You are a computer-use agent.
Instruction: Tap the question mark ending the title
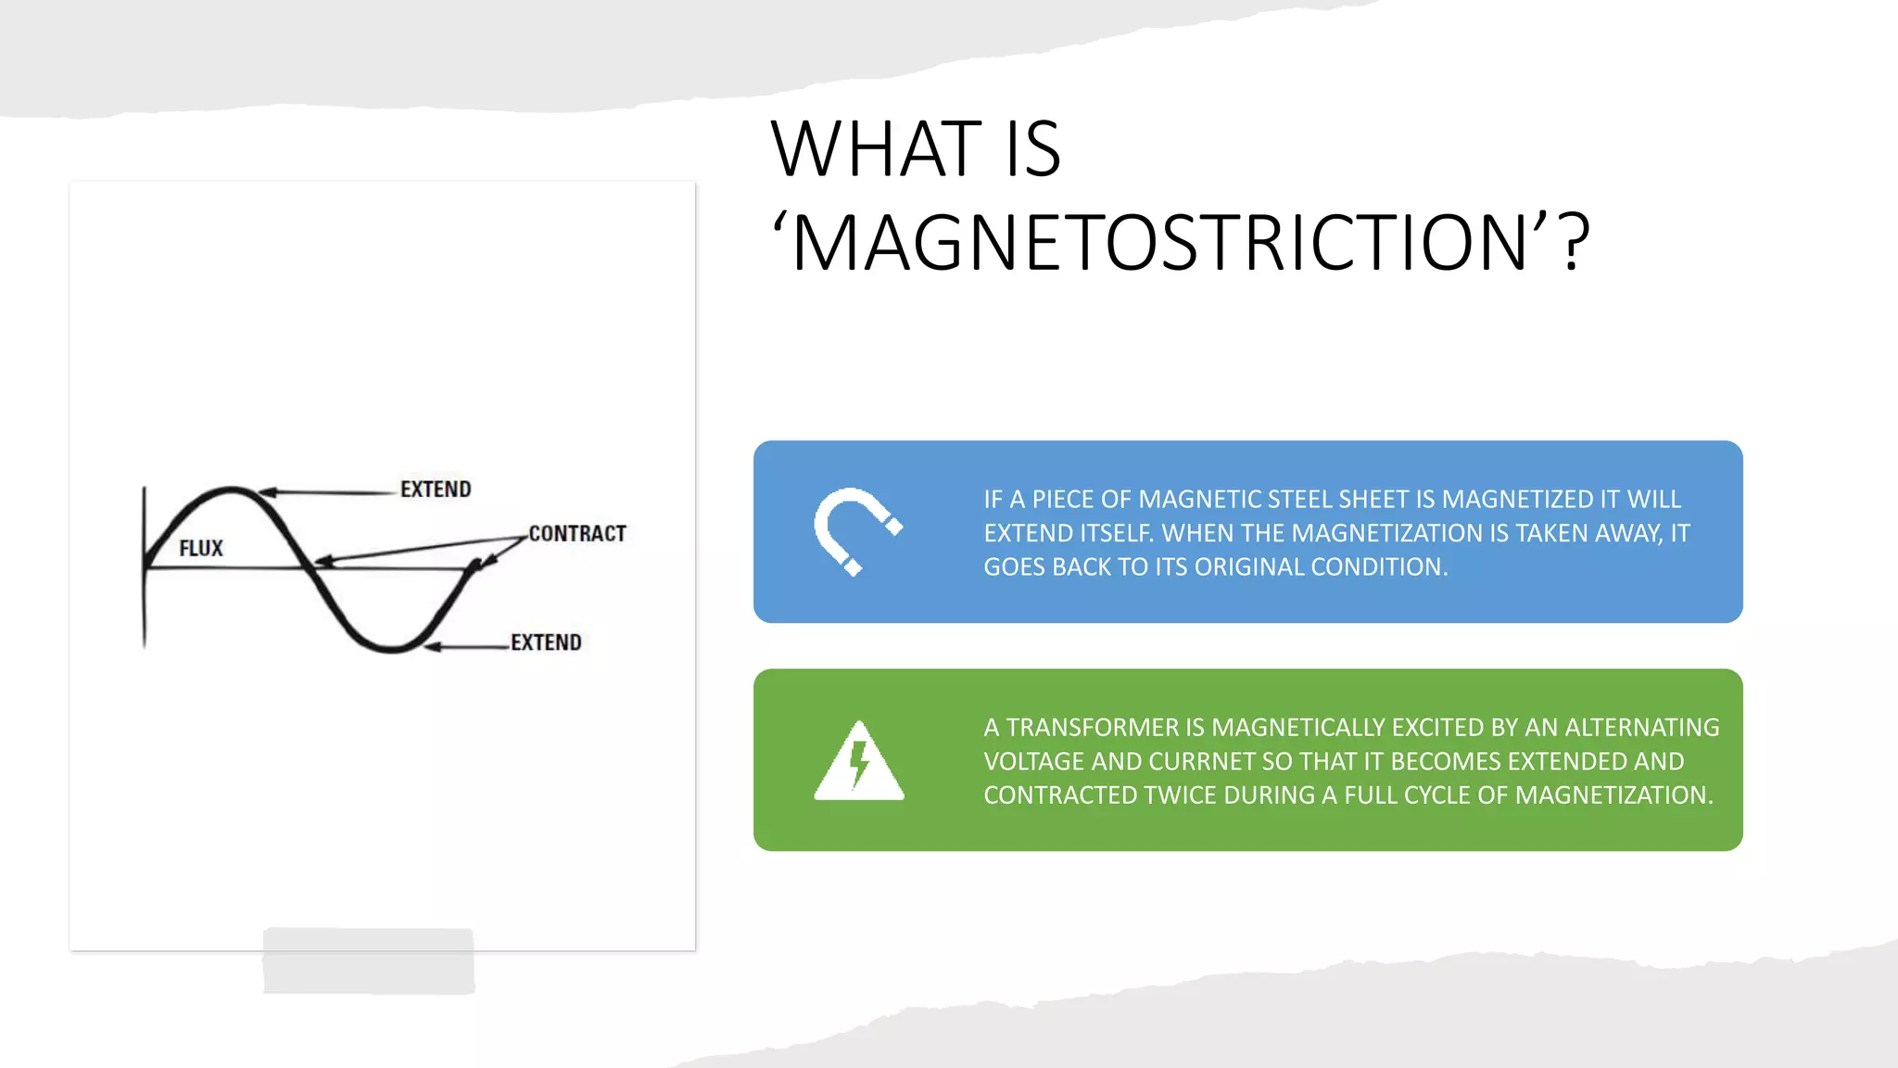1575,243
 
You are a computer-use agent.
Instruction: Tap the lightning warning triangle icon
859,762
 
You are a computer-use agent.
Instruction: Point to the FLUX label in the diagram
201,549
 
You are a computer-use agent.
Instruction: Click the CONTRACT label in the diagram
577,534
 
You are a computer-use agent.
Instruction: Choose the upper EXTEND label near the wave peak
436,489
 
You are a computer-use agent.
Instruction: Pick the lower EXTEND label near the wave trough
546,642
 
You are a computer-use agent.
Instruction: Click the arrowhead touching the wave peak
265,492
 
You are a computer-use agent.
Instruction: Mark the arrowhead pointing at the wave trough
432,646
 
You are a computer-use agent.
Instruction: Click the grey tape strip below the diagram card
369,961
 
